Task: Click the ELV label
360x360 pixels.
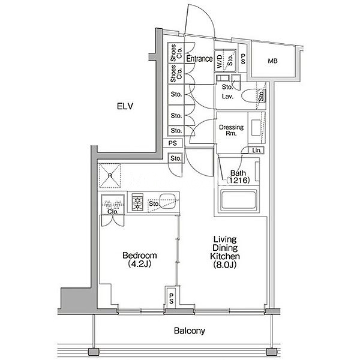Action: click(x=125, y=106)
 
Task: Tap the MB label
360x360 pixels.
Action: click(x=272, y=61)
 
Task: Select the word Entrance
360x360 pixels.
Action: click(x=199, y=59)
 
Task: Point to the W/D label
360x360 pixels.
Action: click(x=219, y=61)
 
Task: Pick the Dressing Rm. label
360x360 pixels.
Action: click(x=231, y=130)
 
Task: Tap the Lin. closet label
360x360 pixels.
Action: click(x=257, y=151)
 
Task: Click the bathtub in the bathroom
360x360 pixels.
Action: click(x=239, y=199)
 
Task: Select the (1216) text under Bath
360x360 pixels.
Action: click(x=238, y=181)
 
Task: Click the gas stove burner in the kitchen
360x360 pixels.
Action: click(x=137, y=202)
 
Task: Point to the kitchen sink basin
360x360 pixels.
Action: click(x=167, y=201)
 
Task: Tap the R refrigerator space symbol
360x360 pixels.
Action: click(x=110, y=176)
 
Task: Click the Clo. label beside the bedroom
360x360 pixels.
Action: click(x=113, y=212)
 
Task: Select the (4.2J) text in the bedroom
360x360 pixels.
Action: click(x=140, y=264)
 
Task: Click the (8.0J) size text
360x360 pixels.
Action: click(x=225, y=265)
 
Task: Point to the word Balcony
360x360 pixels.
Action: click(x=190, y=331)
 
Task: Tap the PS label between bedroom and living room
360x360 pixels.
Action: click(x=171, y=298)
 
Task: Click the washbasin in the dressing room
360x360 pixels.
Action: click(x=256, y=127)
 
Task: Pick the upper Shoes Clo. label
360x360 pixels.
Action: click(x=176, y=53)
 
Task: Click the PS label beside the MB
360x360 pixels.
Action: click(x=242, y=59)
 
